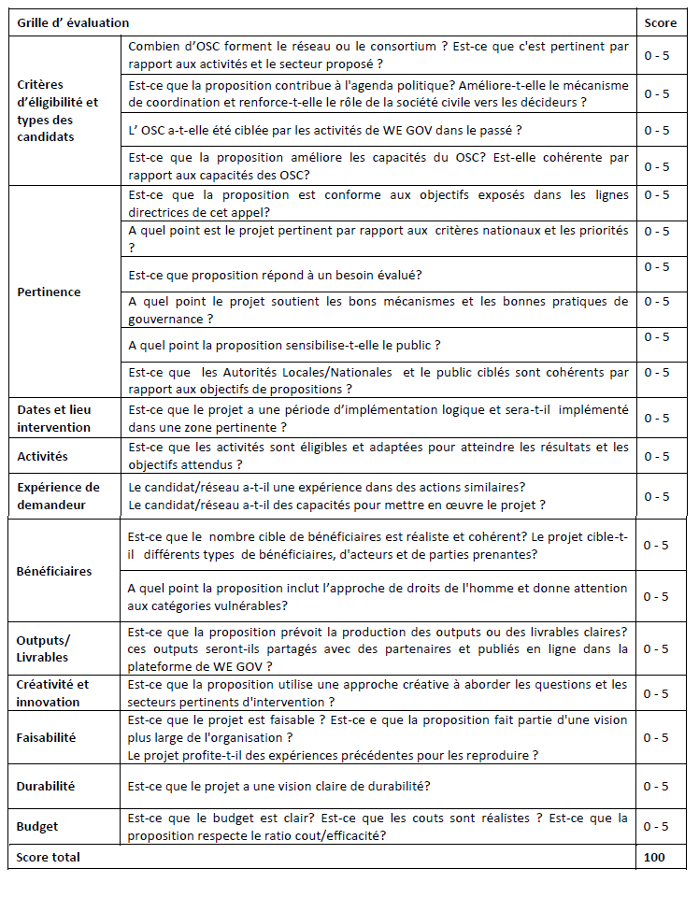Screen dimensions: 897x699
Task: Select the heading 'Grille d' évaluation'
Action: [73, 22]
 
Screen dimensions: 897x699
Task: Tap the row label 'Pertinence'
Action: [49, 292]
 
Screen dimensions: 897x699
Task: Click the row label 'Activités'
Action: [42, 457]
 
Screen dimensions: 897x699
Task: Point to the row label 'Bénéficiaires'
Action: [53, 571]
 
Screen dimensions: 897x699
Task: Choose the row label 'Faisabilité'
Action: [46, 737]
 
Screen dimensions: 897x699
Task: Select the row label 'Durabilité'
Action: [45, 787]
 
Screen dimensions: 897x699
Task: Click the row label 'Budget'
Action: [37, 826]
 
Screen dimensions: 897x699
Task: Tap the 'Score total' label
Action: [48, 857]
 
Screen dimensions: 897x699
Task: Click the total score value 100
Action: [654, 857]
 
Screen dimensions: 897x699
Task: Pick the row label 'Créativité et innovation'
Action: [52, 693]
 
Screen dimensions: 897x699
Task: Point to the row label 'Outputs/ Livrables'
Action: [43, 648]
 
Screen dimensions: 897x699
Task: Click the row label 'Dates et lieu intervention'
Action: [53, 419]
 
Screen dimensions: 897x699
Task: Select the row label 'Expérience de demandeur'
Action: [58, 496]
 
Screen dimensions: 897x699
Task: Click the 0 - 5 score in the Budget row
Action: [656, 826]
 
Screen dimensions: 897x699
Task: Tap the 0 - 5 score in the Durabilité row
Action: [656, 787]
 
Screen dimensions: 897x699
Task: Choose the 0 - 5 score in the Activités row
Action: [656, 457]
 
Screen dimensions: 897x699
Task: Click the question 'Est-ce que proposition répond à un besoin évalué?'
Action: [274, 275]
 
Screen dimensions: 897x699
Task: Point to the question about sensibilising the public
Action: [283, 346]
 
